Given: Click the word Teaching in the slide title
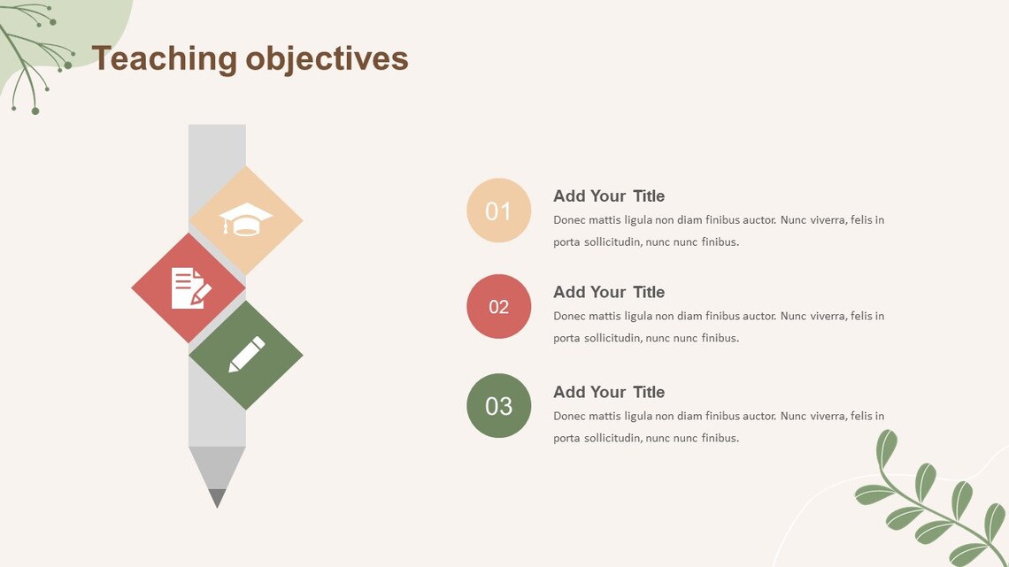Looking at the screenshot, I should (164, 59).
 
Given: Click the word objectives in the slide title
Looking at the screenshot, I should (327, 59).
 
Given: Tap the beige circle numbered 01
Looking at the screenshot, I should (498, 211).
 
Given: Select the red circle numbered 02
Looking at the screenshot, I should (498, 306).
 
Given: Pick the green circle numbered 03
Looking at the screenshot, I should (498, 405).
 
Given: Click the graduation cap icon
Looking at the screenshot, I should (246, 219).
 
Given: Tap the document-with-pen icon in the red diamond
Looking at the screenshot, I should (190, 288).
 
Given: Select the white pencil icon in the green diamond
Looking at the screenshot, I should (247, 355).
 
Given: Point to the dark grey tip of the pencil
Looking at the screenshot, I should (217, 498).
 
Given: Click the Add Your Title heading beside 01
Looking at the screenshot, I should (609, 196).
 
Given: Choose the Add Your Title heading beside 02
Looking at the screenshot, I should (609, 292).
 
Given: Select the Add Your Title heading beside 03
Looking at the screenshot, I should (609, 392).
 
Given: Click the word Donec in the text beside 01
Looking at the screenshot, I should (570, 220).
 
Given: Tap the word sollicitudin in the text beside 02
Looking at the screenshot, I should (612, 338).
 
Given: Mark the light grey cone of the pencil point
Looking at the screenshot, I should (217, 466).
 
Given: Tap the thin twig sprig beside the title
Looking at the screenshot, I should (35, 53).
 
